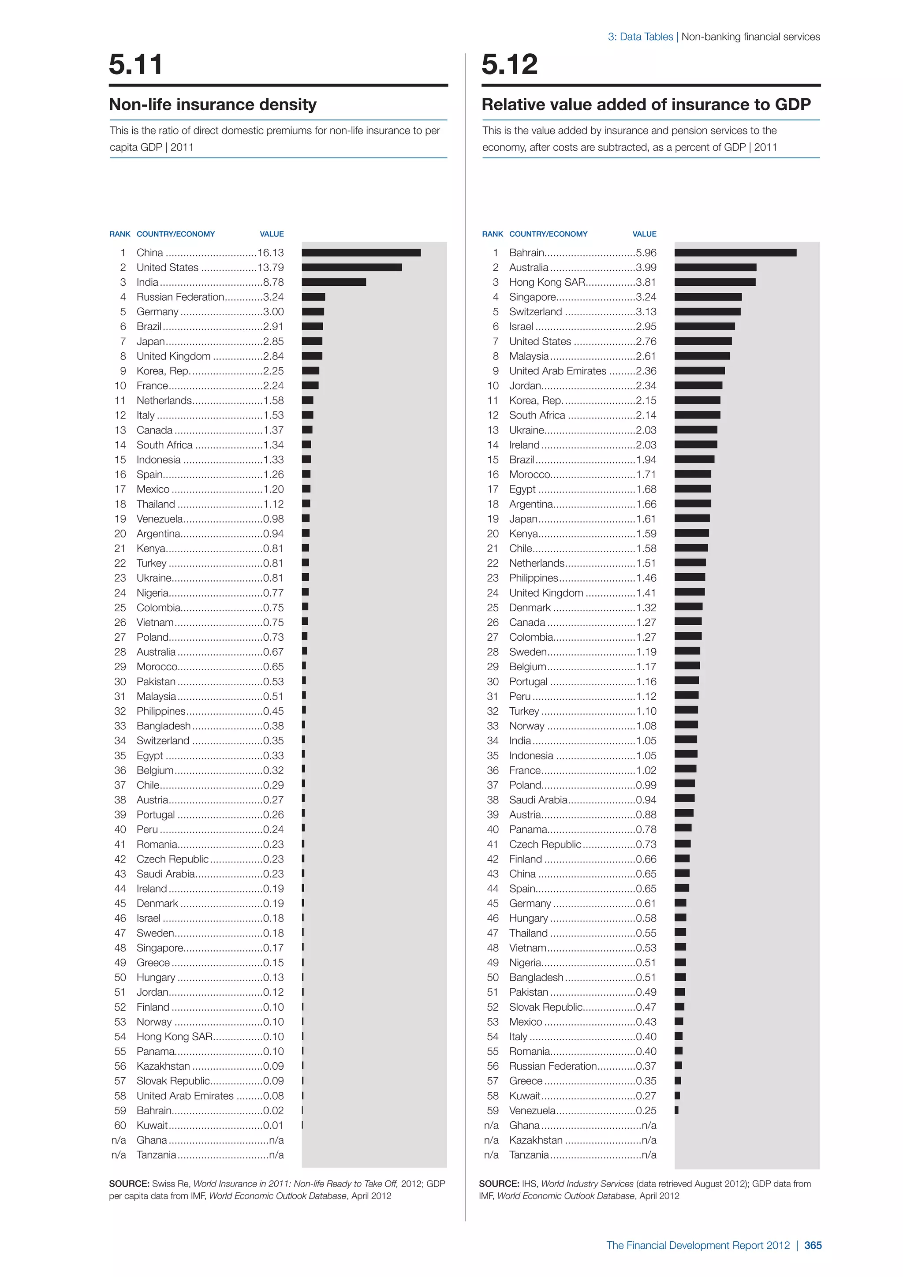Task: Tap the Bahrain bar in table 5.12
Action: pyautogui.click(x=735, y=253)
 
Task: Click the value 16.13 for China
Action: pyautogui.click(x=270, y=253)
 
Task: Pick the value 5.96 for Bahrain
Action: pyautogui.click(x=646, y=253)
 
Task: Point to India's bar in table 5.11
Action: pyautogui.click(x=334, y=282)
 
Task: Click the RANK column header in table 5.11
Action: pyautogui.click(x=119, y=234)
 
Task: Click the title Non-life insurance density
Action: pyautogui.click(x=213, y=105)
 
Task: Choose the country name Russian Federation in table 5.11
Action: pyautogui.click(x=180, y=297)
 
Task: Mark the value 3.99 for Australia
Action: pyautogui.click(x=646, y=268)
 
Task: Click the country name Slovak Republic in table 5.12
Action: pyautogui.click(x=545, y=1007)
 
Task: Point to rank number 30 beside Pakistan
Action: pyautogui.click(x=120, y=681)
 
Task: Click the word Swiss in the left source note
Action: pyautogui.click(x=164, y=1184)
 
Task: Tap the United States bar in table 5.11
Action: pyautogui.click(x=351, y=268)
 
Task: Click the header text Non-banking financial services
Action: pyautogui.click(x=750, y=37)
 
